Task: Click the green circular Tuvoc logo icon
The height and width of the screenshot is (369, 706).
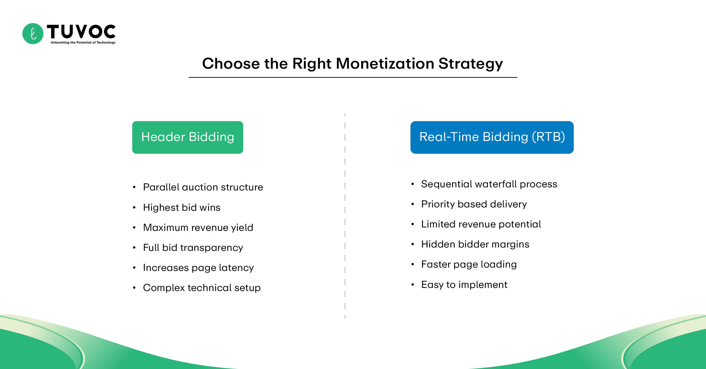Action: click(x=33, y=34)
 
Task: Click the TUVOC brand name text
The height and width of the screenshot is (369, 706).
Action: click(x=81, y=31)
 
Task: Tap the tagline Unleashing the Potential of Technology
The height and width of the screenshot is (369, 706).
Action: click(x=83, y=43)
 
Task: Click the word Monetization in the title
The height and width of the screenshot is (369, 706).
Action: click(x=385, y=64)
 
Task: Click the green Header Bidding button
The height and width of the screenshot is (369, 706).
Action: click(x=188, y=137)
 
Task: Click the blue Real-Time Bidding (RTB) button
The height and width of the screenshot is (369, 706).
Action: click(x=492, y=137)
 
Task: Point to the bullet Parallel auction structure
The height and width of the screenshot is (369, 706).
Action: click(x=203, y=187)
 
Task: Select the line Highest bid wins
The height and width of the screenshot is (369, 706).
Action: click(x=182, y=208)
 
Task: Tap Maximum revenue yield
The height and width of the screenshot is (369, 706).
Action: click(x=198, y=228)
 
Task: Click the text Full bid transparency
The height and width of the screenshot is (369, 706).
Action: click(x=193, y=248)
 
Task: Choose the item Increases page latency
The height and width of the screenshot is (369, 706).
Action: click(x=198, y=268)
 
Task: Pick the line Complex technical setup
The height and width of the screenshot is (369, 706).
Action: click(x=202, y=288)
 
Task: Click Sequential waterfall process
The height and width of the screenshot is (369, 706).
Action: click(x=489, y=184)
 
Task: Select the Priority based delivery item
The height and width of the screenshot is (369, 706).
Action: click(x=474, y=204)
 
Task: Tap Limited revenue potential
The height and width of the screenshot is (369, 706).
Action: click(x=481, y=224)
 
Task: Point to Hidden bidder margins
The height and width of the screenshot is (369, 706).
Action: click(x=475, y=244)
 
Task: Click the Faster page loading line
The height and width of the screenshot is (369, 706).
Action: click(x=469, y=264)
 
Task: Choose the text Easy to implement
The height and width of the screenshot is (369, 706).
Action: click(x=464, y=285)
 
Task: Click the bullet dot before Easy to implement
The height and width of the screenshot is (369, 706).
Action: click(x=413, y=285)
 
